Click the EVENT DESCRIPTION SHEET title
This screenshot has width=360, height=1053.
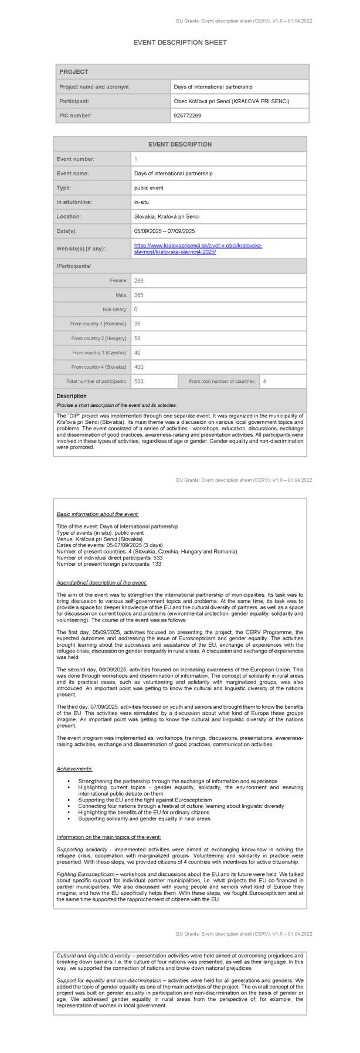(x=179, y=43)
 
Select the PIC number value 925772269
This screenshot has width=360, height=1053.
(x=188, y=116)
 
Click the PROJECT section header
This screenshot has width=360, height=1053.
(x=74, y=72)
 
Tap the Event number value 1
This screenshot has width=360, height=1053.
(x=136, y=159)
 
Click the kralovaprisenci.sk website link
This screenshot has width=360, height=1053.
(x=198, y=249)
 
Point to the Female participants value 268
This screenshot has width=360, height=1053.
(x=139, y=281)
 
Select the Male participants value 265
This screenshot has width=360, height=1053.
(x=139, y=295)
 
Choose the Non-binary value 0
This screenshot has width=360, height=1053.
(x=136, y=310)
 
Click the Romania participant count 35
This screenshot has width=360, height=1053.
(x=138, y=324)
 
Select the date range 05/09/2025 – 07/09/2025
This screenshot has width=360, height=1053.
(x=164, y=232)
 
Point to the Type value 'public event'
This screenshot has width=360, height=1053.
(x=149, y=188)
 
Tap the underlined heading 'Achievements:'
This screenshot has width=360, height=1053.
(x=74, y=769)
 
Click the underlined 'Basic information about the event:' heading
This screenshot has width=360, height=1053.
(x=97, y=514)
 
